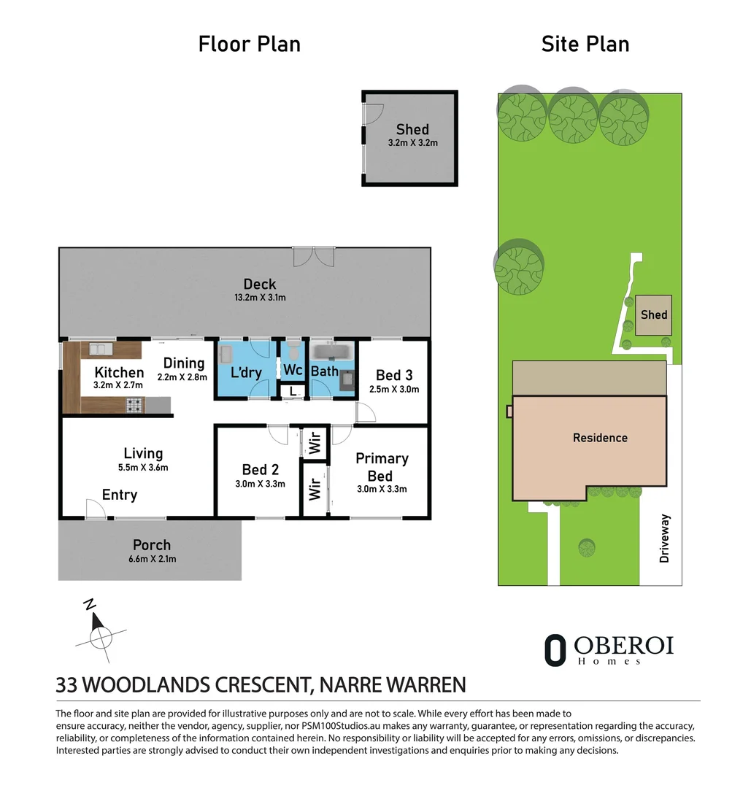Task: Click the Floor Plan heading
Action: pos(250,45)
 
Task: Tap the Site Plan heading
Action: pos(585,45)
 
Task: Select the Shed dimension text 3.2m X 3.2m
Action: pos(412,143)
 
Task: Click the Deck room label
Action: pos(260,284)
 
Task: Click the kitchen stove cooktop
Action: pos(134,404)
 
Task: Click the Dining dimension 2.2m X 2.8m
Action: pos(182,377)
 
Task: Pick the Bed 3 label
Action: pos(394,375)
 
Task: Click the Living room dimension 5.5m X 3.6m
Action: pos(143,468)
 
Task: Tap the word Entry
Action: pos(120,495)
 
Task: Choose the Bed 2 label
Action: pos(260,469)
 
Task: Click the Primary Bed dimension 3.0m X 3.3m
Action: pos(382,489)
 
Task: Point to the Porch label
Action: pos(152,545)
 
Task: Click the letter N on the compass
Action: pos(90,604)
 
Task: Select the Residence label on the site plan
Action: pos(600,438)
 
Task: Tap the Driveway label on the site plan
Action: pos(665,538)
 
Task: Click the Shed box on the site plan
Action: pos(653,315)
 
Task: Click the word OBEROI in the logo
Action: pos(624,646)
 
